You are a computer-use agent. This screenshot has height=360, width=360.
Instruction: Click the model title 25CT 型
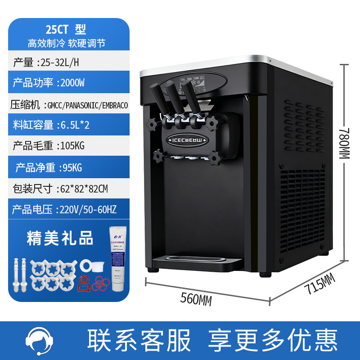click(x=65, y=30)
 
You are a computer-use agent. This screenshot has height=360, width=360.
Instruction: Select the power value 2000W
click(x=70, y=83)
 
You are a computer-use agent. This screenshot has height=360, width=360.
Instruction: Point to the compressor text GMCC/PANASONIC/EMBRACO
click(x=85, y=105)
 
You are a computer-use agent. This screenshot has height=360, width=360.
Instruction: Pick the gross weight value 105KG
click(x=70, y=146)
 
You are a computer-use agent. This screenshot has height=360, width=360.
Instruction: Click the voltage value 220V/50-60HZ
click(x=85, y=209)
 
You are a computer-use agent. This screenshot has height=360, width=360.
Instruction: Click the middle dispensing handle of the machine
click(x=175, y=99)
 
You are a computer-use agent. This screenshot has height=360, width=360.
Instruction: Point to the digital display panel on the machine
click(x=194, y=83)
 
